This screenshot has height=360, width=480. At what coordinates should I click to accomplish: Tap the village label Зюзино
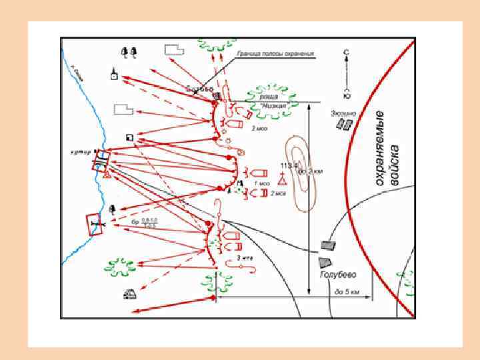[x=343, y=113]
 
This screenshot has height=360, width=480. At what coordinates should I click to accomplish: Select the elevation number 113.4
[x=289, y=165]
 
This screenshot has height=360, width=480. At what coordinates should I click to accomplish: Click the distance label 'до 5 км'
[x=347, y=291]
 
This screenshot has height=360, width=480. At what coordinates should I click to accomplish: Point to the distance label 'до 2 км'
[x=311, y=171]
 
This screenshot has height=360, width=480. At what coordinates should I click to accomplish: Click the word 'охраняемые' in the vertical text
[x=381, y=147]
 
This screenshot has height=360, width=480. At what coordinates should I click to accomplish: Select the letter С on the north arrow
[x=345, y=51]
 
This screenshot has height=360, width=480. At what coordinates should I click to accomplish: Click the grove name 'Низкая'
[x=273, y=106]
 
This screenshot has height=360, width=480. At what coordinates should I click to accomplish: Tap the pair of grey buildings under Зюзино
[x=344, y=125]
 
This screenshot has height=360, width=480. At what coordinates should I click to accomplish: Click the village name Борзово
[x=200, y=89]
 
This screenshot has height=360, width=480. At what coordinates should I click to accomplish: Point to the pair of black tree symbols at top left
[x=129, y=51]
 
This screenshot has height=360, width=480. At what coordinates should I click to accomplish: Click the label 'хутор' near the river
[x=81, y=151]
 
